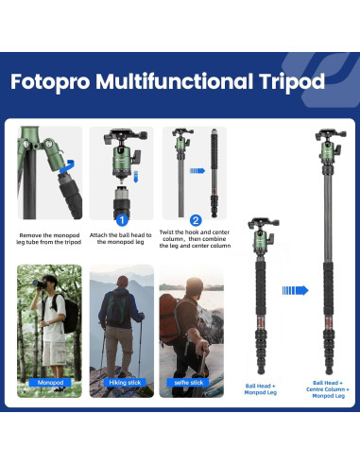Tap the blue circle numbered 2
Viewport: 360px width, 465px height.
(196, 220)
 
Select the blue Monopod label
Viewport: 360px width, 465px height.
(50, 383)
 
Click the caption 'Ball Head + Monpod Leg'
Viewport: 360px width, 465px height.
(262, 387)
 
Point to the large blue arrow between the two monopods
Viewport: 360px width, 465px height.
(295, 290)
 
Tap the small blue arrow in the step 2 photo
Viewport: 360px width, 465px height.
(197, 172)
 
